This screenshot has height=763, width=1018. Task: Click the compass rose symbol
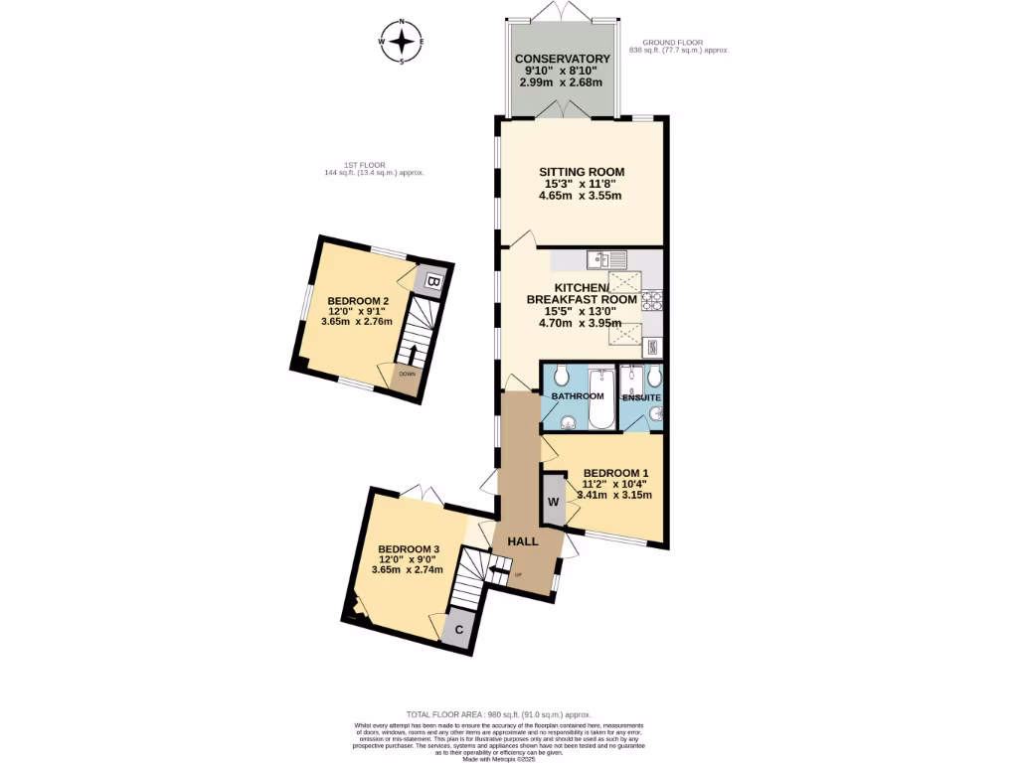[402, 41]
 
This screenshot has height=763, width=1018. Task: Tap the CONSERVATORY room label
[563, 59]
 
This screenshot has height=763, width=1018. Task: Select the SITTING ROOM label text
[582, 172]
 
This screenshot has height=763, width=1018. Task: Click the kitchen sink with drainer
[605, 260]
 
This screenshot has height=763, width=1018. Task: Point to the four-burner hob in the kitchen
[653, 299]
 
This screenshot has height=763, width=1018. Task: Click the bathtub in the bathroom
[601, 398]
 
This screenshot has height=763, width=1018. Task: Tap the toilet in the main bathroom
[562, 375]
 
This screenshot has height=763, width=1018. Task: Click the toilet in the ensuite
[653, 376]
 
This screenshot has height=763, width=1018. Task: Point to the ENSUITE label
[641, 397]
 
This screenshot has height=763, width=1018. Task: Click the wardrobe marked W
[553, 502]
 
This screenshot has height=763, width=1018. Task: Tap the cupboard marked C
[459, 630]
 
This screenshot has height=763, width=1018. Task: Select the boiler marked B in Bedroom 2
[432, 282]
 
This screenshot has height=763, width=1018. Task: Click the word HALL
[523, 541]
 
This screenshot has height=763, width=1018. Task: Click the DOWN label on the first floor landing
[408, 374]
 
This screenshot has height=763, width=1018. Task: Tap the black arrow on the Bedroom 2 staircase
[412, 354]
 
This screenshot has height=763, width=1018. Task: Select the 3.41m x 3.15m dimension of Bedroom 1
[614, 495]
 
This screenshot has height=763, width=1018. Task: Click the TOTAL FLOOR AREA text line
[498, 714]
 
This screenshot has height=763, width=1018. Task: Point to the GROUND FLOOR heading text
[672, 43]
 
